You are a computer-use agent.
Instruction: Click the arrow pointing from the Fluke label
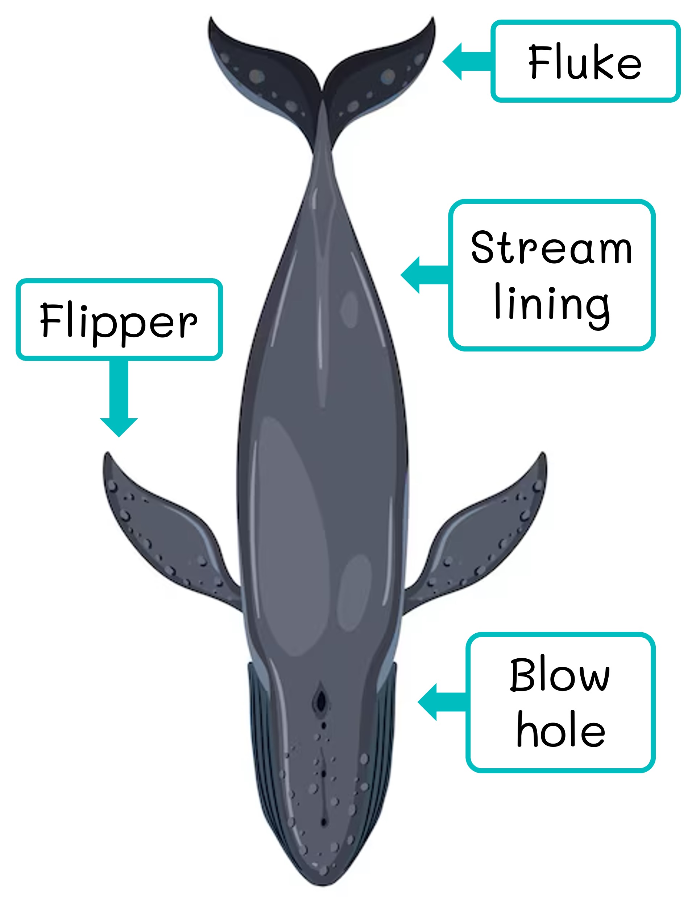[x=466, y=61]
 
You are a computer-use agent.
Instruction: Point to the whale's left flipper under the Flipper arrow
[x=165, y=536]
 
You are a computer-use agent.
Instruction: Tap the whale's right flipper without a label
[x=482, y=536]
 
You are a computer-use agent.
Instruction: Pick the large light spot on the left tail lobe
[x=257, y=75]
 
